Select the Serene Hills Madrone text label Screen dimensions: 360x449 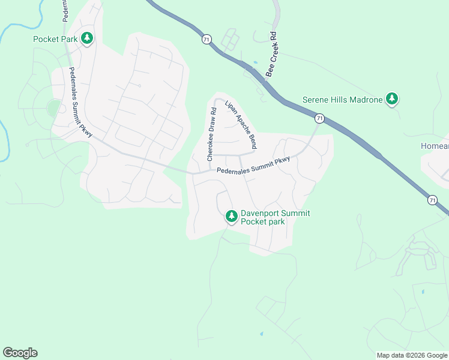tap(343, 100)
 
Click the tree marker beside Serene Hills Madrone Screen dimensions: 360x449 tap(392, 98)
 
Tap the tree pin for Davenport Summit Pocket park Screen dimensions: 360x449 tap(231, 216)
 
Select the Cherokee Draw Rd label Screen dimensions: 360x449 tap(211, 134)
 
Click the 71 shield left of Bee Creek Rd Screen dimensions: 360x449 tap(206, 39)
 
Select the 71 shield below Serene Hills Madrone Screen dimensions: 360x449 tap(319, 119)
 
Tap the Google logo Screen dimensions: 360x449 tap(20, 353)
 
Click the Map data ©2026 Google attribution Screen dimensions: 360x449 tap(412, 355)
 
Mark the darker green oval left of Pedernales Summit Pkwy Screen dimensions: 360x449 tap(53, 109)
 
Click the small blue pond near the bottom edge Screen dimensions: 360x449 tap(261, 334)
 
